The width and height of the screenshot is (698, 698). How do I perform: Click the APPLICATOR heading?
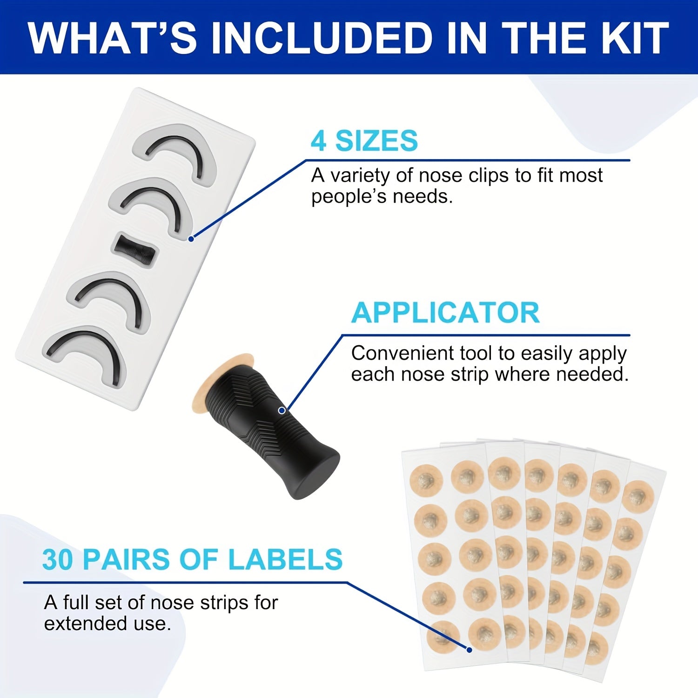[445, 312]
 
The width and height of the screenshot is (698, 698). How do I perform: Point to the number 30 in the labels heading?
[58, 559]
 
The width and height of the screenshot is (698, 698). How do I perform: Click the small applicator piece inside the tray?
[135, 250]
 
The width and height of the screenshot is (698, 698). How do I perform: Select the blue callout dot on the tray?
[191, 239]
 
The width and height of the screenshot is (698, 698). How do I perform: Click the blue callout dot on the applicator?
[282, 410]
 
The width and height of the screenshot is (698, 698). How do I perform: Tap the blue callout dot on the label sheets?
[470, 650]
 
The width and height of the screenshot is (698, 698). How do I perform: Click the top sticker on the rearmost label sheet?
[639, 496]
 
